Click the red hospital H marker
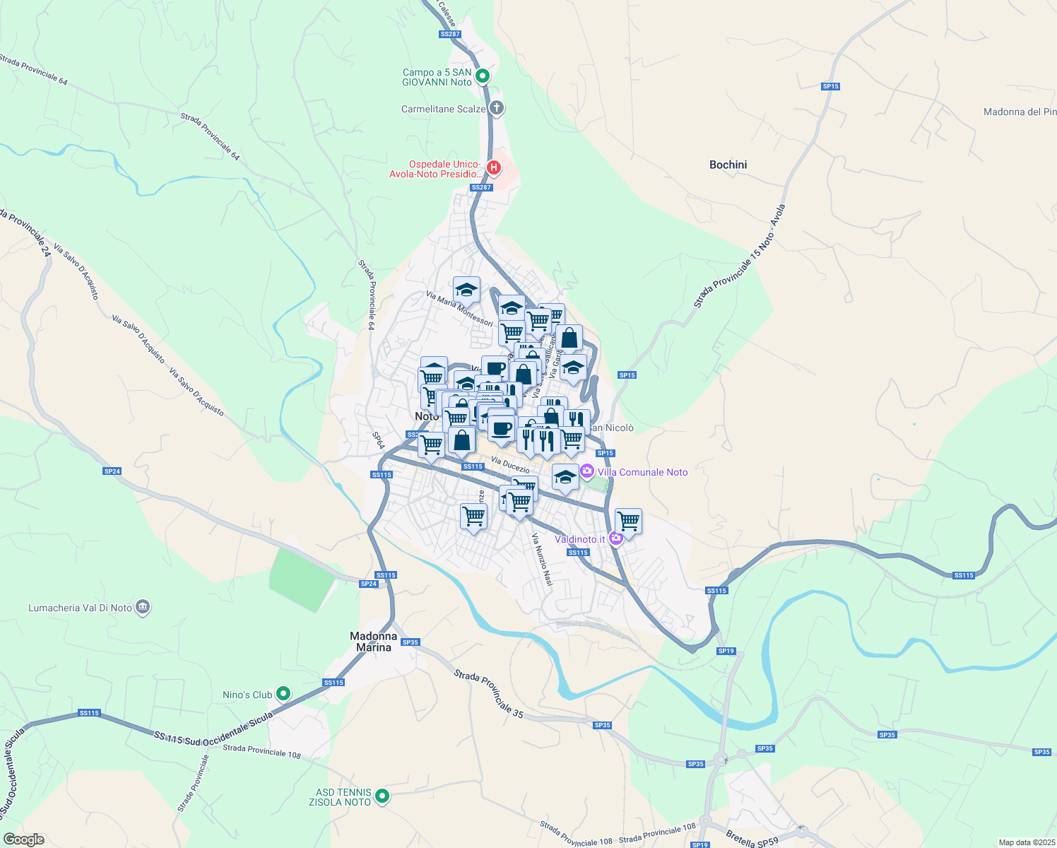point(494,168)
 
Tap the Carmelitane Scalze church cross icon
point(497,108)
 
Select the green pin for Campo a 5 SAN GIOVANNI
point(483,76)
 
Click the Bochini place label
point(728,165)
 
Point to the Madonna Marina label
point(373,642)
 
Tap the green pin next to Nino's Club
point(283,694)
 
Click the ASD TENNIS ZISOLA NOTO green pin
point(382,796)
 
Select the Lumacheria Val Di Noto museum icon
point(143,607)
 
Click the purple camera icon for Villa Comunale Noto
point(586,471)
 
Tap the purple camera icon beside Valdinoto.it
point(615,539)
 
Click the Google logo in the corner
point(23,840)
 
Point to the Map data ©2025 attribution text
point(1026,842)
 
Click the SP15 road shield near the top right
point(830,86)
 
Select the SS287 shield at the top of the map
point(449,34)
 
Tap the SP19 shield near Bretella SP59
point(699,844)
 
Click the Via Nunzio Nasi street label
point(542,560)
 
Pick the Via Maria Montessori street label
point(459,309)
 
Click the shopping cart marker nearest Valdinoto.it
point(628,522)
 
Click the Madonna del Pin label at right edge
point(1020,112)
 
